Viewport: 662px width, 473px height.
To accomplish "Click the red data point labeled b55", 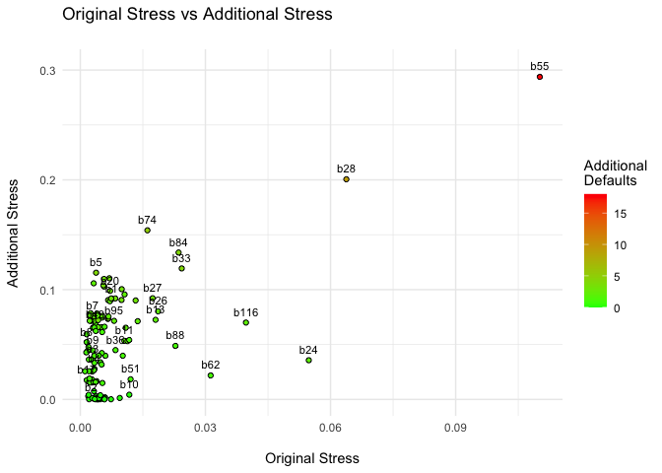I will point(540,77).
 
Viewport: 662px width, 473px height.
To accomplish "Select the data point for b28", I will point(346,179).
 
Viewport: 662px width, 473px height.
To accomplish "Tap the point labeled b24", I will point(308,360).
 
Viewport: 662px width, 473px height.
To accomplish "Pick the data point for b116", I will point(245,322).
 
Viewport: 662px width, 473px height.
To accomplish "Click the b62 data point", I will point(211,375).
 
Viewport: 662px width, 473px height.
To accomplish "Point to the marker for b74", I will point(148,231).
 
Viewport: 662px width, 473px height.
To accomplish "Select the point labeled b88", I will point(175,346).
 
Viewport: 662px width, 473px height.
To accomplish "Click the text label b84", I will point(178,242).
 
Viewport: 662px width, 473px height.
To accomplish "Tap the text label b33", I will point(181,258).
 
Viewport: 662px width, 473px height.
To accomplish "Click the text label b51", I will point(130,369).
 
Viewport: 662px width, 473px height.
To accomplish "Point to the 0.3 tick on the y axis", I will point(47,70).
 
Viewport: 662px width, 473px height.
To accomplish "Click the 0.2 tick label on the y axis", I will point(47,180).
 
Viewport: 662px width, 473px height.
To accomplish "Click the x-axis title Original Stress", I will point(312,458).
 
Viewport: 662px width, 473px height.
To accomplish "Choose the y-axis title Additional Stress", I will point(14,234).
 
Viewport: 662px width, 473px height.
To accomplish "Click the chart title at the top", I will point(197,15).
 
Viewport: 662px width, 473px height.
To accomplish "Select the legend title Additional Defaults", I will point(615,173).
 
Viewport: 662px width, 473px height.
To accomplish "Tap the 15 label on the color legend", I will point(618,213).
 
